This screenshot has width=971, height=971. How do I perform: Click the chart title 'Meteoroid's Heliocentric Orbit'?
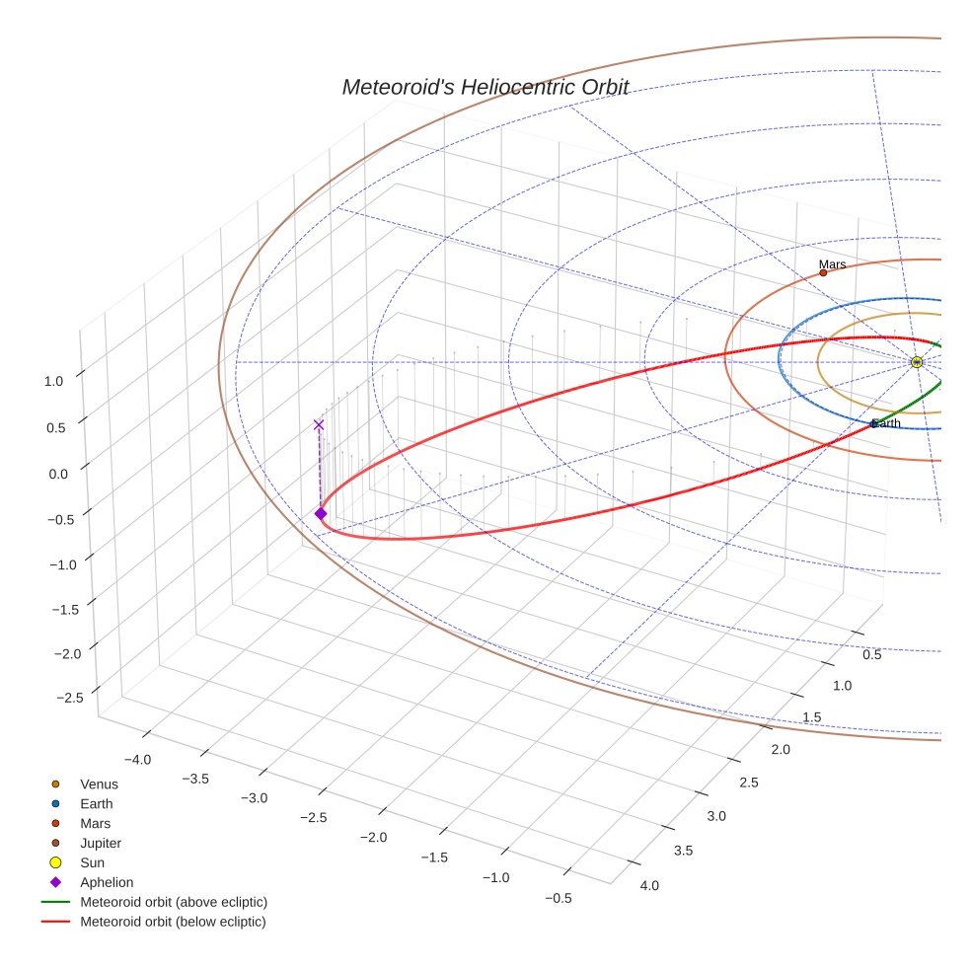485,87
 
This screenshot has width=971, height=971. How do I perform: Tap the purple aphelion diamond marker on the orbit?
321,513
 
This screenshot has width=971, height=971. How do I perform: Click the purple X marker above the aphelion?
319,424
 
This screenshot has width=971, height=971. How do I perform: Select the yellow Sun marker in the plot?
917,362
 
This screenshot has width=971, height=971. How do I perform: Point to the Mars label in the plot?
832,264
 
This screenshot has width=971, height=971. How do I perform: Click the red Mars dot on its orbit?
823,272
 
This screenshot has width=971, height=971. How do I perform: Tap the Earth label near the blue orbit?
886,423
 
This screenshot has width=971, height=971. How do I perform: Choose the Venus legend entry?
99,784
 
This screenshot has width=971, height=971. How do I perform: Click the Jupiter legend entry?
101,843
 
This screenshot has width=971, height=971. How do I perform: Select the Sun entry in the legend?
92,862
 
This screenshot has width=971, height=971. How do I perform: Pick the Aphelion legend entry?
107,882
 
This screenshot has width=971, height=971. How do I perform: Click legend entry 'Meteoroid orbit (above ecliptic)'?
174,902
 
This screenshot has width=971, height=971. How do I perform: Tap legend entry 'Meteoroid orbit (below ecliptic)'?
173,922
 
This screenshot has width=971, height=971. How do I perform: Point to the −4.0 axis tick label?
136,759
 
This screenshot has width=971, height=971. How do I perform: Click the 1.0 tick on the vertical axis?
54,380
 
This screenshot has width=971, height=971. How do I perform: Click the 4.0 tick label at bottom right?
649,885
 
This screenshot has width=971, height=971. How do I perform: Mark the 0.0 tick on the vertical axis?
58,474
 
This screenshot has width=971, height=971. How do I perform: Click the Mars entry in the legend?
96,823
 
